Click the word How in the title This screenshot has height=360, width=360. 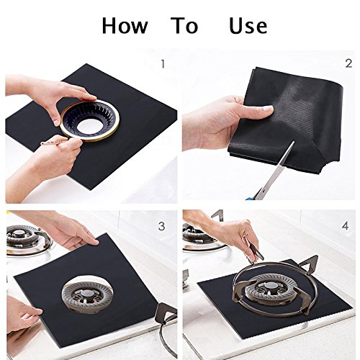pos(125,25)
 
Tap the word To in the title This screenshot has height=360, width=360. pos(184,25)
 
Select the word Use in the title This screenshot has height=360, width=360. pos(248,25)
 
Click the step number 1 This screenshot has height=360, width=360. pos(163,64)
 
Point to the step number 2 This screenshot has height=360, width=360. pos(348,63)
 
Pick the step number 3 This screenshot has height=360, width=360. pos(161,226)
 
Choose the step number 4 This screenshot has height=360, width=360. pos(346,226)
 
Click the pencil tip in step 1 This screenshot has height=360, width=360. pos(41,143)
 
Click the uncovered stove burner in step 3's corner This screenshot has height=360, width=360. pos(27,239)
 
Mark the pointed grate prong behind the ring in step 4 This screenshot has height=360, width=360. pos(309,261)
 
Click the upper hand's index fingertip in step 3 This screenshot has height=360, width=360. pos(95,243)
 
